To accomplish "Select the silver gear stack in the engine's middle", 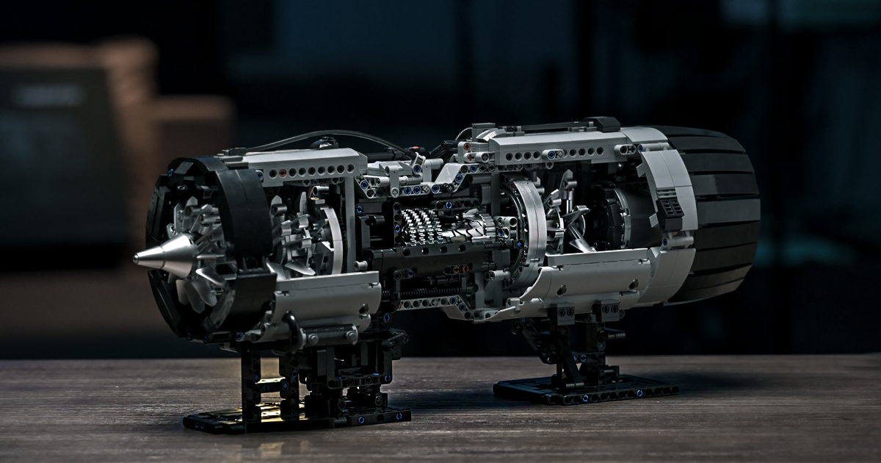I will coord(421,226).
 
